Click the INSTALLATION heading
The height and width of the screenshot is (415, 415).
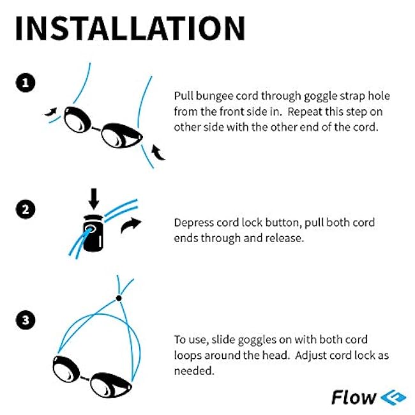tap(130, 28)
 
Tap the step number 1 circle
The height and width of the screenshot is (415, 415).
tap(26, 83)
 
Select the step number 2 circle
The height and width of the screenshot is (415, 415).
tap(26, 209)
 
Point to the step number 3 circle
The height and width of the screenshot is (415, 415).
tap(26, 320)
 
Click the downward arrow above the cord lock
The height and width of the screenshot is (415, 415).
tap(94, 199)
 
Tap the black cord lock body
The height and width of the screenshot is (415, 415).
tap(93, 234)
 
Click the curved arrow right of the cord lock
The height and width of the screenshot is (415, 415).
tap(131, 225)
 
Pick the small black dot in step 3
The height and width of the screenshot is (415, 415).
tap(119, 298)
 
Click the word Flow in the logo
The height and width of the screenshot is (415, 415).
tap(354, 397)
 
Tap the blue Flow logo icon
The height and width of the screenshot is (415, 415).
tap(393, 397)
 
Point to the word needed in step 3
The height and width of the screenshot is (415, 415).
tap(193, 370)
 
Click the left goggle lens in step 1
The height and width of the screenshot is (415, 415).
tap(77, 119)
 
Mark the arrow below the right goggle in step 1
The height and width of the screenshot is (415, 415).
tap(158, 153)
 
